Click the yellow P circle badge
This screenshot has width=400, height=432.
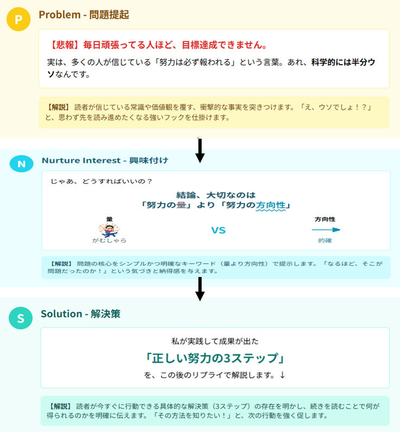pos(18,19)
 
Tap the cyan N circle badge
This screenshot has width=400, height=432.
pos(22,164)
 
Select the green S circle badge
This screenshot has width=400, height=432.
pos(21,318)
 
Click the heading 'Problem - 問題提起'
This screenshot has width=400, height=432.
pos(84,15)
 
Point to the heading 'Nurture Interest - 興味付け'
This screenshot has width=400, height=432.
pos(105,161)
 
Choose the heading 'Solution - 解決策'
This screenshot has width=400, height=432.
pos(80,314)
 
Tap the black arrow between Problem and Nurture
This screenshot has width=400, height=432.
pos(200,150)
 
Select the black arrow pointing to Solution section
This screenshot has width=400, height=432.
pos(200,289)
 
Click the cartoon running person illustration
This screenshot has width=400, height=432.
pos(109,230)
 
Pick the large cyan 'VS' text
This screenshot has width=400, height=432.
pos(218,230)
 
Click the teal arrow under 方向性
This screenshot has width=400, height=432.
pos(326,230)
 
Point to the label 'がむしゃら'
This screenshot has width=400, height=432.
pos(109,240)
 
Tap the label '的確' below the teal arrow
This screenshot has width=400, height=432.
pos(325,240)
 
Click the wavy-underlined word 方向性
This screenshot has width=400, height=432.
pos(271,206)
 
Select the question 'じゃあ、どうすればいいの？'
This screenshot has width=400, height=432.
pos(101,181)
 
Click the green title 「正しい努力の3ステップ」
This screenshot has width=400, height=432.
pos(215,358)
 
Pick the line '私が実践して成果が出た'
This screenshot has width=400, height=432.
pos(215,341)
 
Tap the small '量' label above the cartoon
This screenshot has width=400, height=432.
pos(109,219)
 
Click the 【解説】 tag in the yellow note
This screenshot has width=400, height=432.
pos(58,107)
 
